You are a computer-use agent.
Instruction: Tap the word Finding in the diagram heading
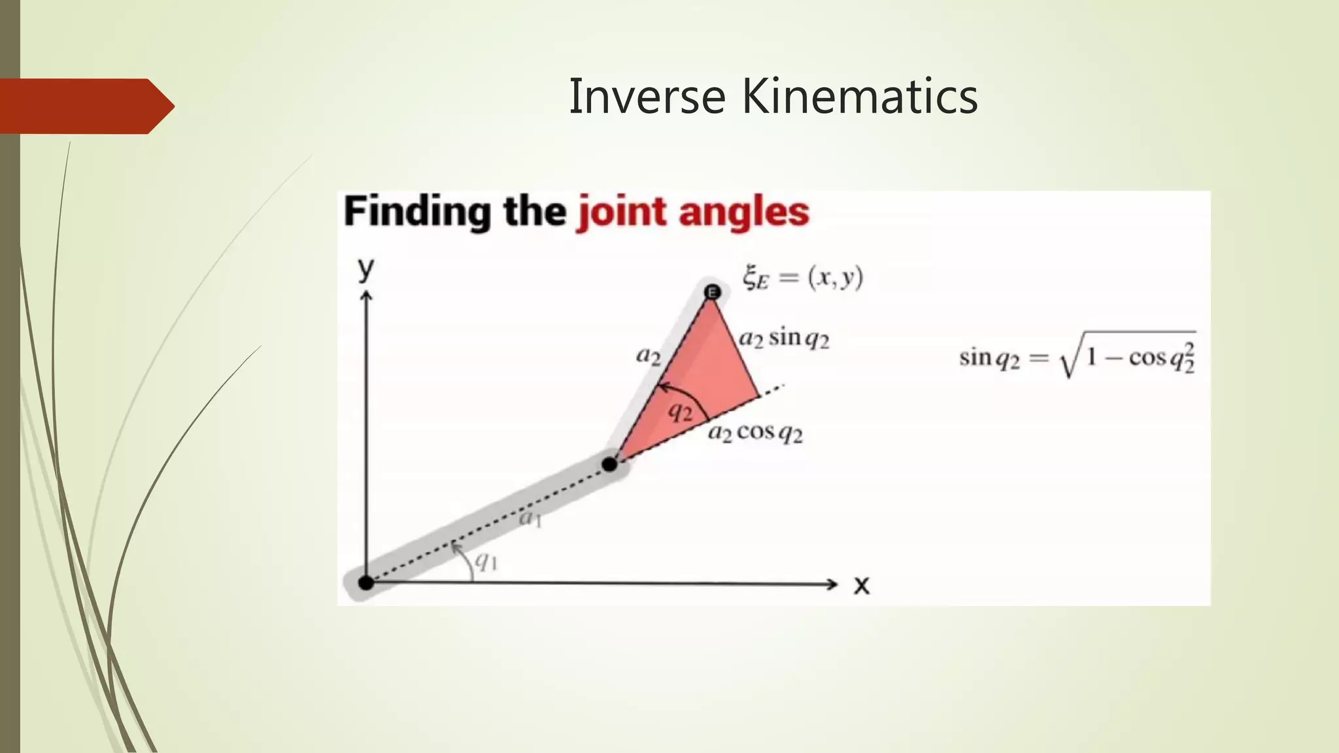(x=418, y=212)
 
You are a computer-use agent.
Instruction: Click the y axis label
(x=366, y=268)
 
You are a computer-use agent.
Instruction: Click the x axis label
(x=862, y=584)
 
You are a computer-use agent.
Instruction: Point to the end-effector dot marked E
(x=713, y=292)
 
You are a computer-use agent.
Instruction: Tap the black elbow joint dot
(x=609, y=464)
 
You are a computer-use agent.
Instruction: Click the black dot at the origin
(x=366, y=582)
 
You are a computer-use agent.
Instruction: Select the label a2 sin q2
(x=784, y=339)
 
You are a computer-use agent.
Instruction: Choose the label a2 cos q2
(x=755, y=433)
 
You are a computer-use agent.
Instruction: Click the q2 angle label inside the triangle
(x=681, y=412)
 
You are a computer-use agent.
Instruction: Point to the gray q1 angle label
(x=486, y=561)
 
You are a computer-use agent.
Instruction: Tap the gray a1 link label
(x=530, y=519)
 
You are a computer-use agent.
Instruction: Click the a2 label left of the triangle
(x=649, y=356)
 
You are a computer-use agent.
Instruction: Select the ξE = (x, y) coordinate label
(x=803, y=278)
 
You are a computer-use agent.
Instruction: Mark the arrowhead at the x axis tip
(x=833, y=584)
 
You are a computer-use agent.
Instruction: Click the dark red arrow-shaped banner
(x=85, y=106)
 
